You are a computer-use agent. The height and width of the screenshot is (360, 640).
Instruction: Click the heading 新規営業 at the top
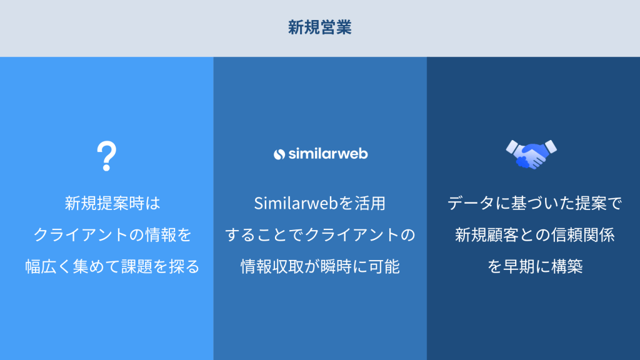[x=319, y=27]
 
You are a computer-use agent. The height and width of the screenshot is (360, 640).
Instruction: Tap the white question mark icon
[x=106, y=156]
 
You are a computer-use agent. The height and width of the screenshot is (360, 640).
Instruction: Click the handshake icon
[x=531, y=154]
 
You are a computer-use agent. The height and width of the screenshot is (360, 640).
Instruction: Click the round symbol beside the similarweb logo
[x=279, y=154]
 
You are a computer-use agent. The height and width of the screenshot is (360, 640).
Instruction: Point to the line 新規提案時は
[x=112, y=203]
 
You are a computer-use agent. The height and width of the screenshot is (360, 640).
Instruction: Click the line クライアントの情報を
[x=112, y=235]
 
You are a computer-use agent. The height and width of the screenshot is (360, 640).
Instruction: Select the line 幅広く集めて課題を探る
[x=112, y=266]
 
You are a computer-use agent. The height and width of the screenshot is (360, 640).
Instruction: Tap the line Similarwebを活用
[x=319, y=203]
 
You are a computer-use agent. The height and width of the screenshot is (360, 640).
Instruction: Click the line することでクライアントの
[x=319, y=235]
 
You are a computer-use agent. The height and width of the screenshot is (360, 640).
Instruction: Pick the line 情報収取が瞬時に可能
[x=319, y=266]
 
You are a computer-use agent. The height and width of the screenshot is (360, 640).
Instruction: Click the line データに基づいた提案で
[x=534, y=203]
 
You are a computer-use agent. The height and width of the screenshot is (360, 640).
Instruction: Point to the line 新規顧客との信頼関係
[x=534, y=235]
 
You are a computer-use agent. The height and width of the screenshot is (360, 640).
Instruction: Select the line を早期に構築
[x=535, y=266]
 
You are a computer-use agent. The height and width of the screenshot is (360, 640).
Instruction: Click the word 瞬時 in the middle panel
[x=336, y=266]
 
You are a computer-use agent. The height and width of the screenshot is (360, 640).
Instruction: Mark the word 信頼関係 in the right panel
[x=582, y=235]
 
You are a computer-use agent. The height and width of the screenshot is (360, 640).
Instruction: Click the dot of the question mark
[x=106, y=167]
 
